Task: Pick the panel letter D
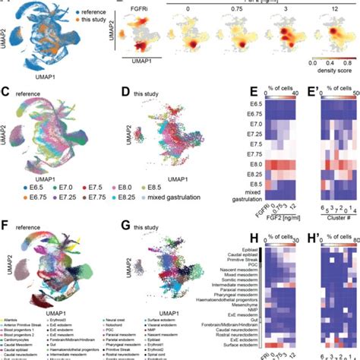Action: [x=125, y=93]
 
